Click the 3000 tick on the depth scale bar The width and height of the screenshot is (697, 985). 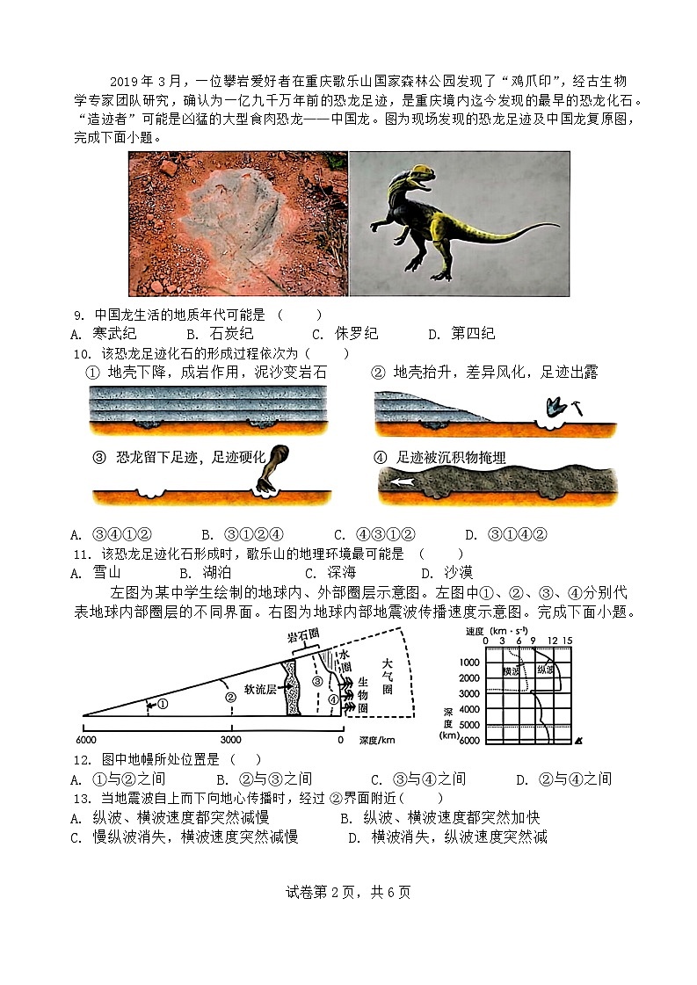[231, 739]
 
